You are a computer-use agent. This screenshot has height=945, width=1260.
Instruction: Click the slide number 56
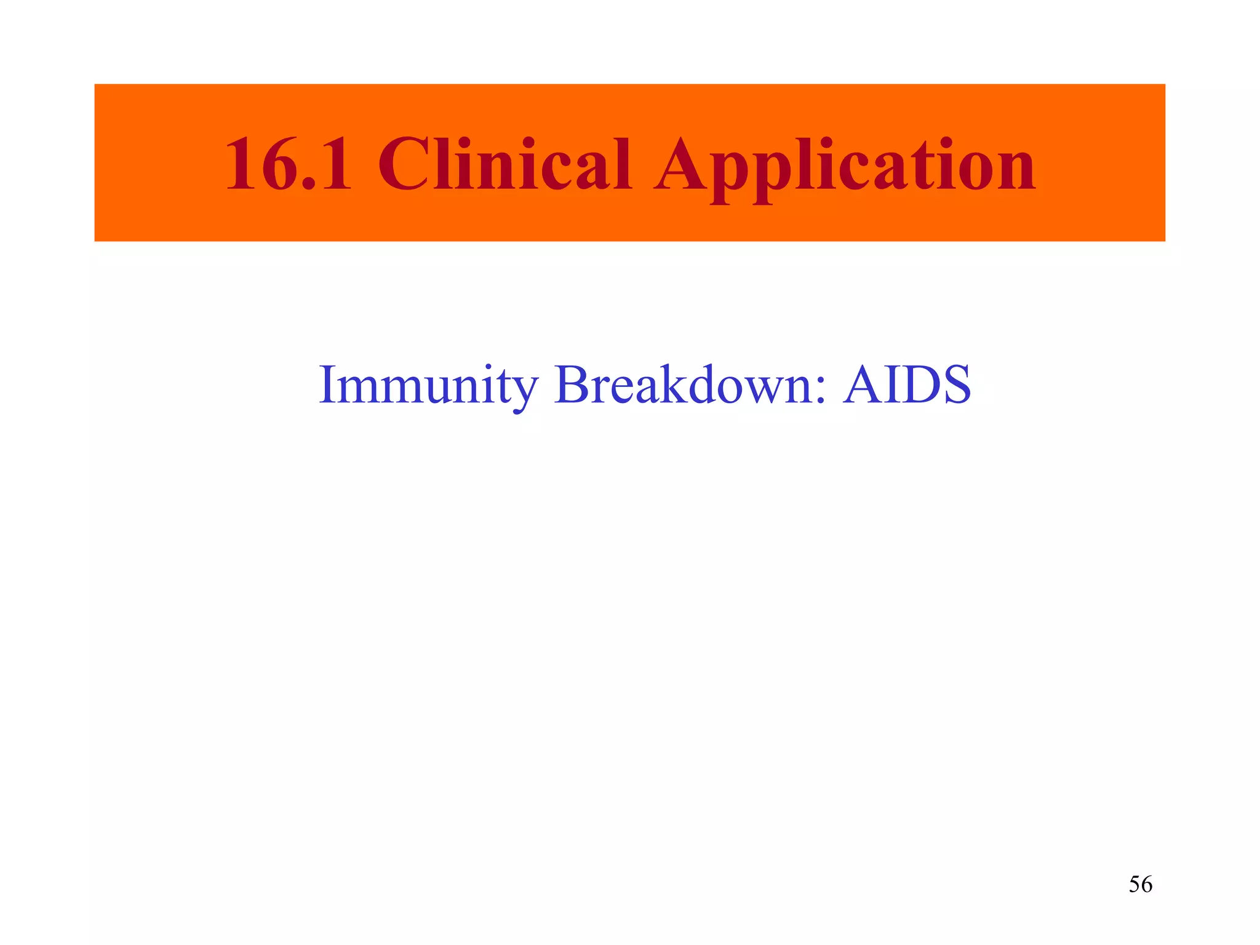click(1140, 884)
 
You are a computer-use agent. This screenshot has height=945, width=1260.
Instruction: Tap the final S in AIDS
click(954, 385)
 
